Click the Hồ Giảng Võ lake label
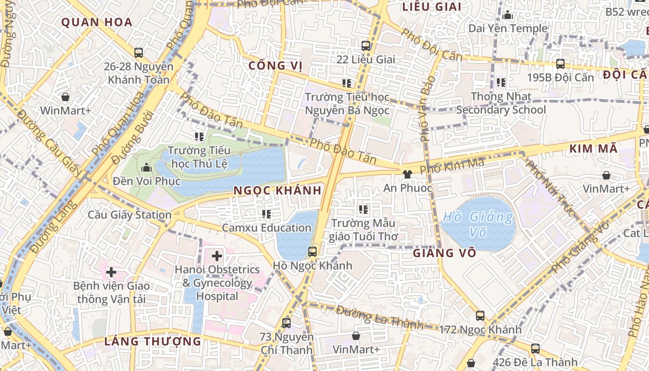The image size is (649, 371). tap(478, 224)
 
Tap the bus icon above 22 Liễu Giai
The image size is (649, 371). tap(366, 46)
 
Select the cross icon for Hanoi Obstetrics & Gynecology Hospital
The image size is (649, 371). tap(217, 256)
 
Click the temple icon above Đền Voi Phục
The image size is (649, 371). tap(147, 167)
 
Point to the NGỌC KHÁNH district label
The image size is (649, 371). tap(277, 191)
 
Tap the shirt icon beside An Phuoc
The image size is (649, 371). tap(407, 174)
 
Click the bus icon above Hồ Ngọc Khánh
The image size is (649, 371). tap(312, 252)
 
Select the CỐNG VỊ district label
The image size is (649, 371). tap(275, 66)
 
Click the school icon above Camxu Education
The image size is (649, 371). tap(266, 214)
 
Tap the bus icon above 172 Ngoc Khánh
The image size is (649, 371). tap(480, 316)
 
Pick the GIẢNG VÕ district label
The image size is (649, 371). tap(445, 253)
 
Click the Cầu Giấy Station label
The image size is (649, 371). tap(130, 215)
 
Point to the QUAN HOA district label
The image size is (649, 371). tap(97, 22)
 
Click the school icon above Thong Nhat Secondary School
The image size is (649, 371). tap(501, 83)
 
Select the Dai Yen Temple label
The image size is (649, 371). tap(508, 28)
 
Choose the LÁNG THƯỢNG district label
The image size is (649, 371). tap(153, 342)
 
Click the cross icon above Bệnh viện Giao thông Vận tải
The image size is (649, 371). tap(111, 272)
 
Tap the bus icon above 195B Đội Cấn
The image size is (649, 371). tap(560, 64)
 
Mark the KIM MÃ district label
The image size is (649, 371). tap(593, 149)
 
